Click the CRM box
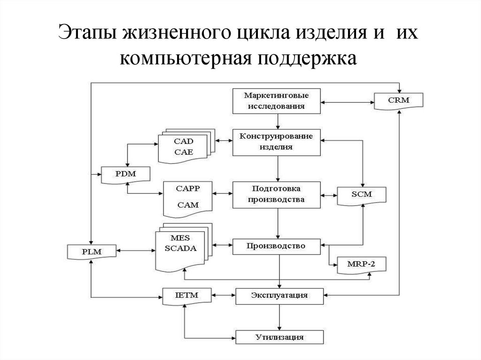398,100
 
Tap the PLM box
92,252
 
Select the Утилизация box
279,337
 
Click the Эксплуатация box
279,295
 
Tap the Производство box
277,245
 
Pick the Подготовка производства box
277,194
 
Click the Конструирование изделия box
277,141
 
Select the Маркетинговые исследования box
277,100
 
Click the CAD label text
183,141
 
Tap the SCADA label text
181,248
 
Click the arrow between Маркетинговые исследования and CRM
348,100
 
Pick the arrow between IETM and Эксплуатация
223,295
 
